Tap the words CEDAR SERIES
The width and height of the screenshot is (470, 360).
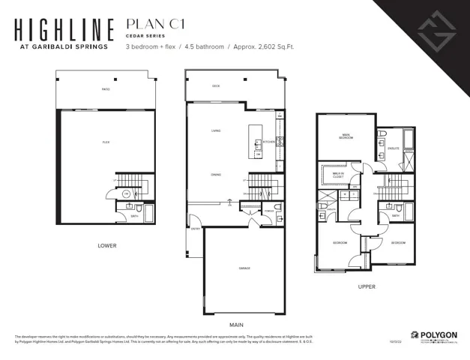click(140, 34)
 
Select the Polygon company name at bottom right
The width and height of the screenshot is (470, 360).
click(439, 334)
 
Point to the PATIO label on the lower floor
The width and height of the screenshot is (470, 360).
click(106, 90)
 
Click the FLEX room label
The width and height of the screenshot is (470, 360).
click(106, 142)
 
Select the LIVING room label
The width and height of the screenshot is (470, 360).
click(216, 131)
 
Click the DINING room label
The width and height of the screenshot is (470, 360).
click(216, 175)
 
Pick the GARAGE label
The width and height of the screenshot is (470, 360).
click(244, 268)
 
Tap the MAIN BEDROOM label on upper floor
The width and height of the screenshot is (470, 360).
click(346, 137)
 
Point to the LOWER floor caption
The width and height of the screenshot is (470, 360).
click(107, 245)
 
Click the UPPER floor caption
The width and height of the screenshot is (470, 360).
click(367, 286)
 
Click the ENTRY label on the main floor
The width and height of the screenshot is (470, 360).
click(195, 229)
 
